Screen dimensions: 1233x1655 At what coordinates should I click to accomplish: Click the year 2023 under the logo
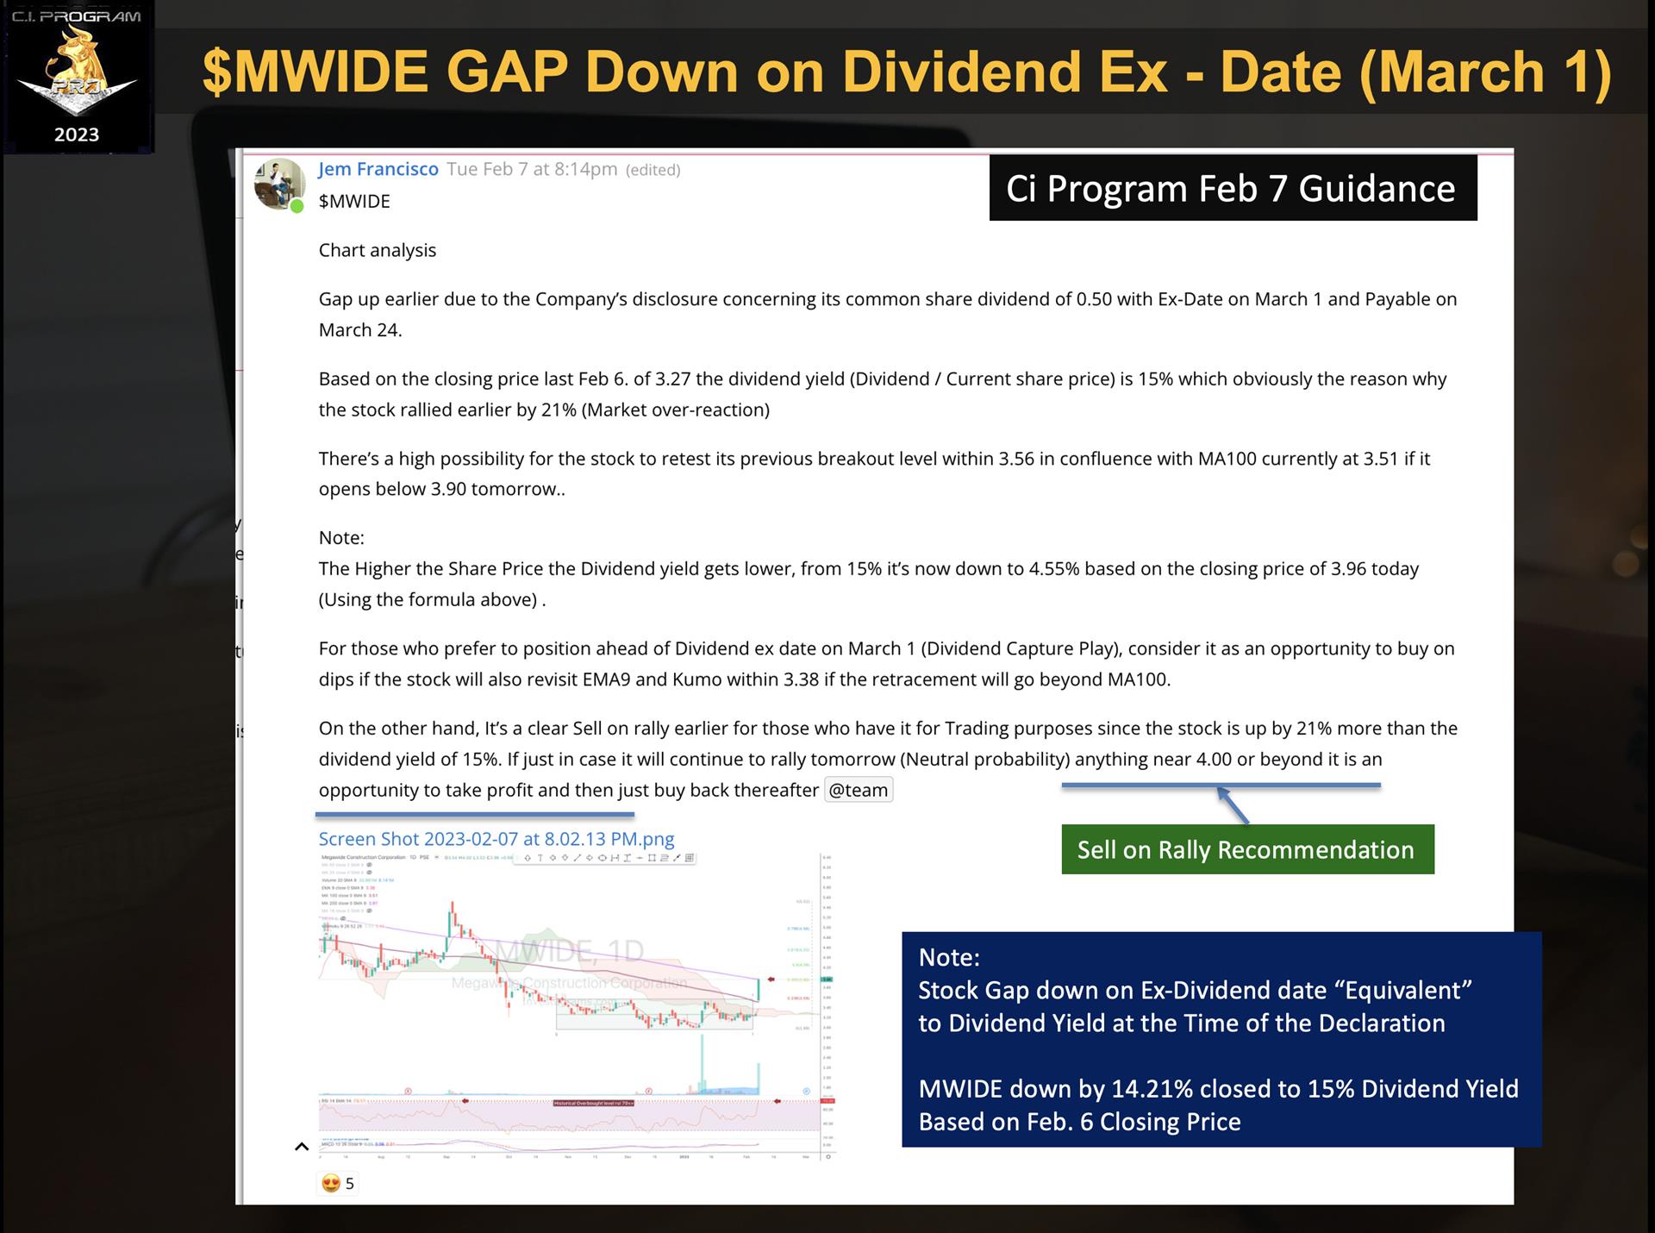pos(77,135)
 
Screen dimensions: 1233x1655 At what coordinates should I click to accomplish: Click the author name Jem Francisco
pos(378,169)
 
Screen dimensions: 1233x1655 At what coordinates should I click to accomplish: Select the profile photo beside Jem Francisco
pos(278,183)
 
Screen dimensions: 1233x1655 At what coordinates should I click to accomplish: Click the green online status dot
pos(297,206)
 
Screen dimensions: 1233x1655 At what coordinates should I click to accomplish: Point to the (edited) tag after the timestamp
pos(653,170)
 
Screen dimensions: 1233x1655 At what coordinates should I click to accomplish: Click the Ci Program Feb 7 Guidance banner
pos(1232,188)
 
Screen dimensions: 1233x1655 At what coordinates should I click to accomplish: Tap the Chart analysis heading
pos(378,250)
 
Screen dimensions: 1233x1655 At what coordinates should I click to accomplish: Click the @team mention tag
pos(858,790)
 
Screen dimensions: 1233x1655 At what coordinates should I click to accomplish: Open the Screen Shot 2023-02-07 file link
pos(496,839)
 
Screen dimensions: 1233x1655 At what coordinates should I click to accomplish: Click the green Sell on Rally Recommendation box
pos(1246,849)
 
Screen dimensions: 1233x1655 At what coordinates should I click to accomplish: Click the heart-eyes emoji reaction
pos(330,1184)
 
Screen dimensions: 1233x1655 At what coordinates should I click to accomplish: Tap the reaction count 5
pos(349,1184)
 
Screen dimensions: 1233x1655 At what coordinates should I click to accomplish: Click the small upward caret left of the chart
pos(301,1147)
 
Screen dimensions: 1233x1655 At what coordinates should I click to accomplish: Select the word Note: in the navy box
pos(948,957)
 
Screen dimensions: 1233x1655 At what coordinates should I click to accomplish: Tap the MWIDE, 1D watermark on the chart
pos(569,951)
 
